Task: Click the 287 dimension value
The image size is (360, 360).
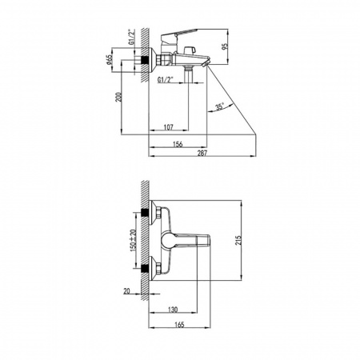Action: [x=202, y=153]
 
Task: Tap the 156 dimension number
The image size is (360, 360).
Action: [x=178, y=144]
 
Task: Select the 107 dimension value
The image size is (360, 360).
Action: [x=168, y=127]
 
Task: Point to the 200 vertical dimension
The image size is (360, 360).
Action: [x=118, y=97]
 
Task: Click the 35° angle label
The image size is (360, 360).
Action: [x=220, y=107]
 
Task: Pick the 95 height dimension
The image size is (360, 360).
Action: [x=226, y=46]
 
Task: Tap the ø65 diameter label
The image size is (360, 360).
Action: [x=109, y=60]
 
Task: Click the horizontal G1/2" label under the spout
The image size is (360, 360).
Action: [x=166, y=79]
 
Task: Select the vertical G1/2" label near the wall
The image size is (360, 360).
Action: [x=131, y=37]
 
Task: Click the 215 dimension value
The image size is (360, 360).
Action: [x=238, y=240]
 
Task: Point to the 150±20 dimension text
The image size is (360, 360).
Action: [x=134, y=239]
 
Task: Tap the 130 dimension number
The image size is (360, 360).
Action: [x=173, y=310]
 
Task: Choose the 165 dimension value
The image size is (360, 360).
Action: [x=179, y=325]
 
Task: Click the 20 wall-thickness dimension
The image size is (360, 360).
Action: [x=126, y=291]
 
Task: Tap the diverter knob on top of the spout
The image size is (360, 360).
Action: [x=190, y=50]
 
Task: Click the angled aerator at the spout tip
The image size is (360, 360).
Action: [x=206, y=63]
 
